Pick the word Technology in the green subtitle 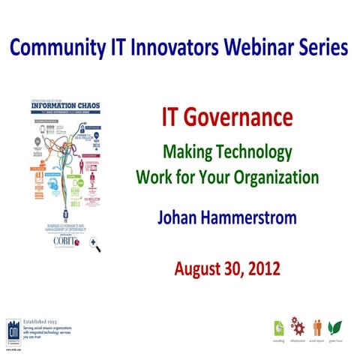tap(255, 153)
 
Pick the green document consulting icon tap(279, 328)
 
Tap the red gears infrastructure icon tap(298, 327)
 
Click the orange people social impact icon tap(317, 328)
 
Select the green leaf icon tap(336, 328)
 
